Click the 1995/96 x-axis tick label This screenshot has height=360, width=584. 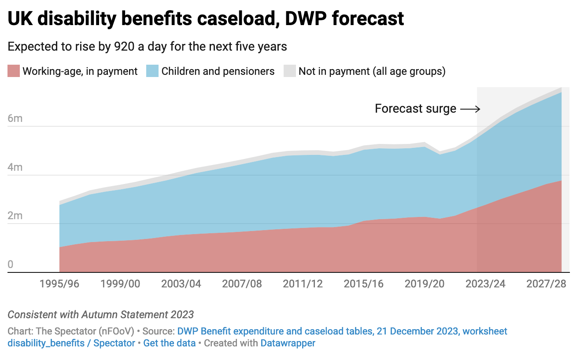coord(59,284)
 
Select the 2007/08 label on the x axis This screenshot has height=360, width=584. coord(242,284)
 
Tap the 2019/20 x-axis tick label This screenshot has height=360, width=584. coord(425,284)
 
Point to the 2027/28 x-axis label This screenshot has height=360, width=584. coord(546,284)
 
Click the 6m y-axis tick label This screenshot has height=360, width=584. coord(15,119)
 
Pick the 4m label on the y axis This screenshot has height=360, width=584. coord(15,168)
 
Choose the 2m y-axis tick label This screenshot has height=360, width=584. coord(15,216)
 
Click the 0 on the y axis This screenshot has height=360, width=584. coord(11,264)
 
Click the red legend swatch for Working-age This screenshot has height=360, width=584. coord(14,71)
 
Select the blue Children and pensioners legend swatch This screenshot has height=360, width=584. coord(152,71)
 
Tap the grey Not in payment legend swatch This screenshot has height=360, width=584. coord(289,71)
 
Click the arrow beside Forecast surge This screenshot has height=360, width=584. coord(470,109)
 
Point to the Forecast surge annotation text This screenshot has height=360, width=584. coord(415,109)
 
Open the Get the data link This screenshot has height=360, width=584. coord(170,343)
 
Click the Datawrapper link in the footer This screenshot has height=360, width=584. coord(288,343)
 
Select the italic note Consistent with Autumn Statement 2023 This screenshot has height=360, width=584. coord(101,315)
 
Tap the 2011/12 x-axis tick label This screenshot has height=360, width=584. coord(303,284)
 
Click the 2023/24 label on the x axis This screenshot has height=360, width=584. coord(485,284)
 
